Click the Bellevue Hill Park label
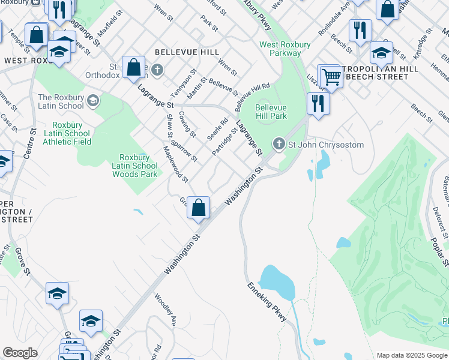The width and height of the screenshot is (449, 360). [x=271, y=112]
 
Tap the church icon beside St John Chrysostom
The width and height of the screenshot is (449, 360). [x=278, y=143]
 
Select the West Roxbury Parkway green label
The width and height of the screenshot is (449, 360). [x=280, y=49]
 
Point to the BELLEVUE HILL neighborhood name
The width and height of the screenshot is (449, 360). [x=187, y=53]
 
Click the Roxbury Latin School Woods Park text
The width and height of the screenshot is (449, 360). [x=134, y=166]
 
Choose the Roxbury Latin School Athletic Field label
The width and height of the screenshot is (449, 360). [x=67, y=133]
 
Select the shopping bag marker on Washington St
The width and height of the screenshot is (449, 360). [x=199, y=208]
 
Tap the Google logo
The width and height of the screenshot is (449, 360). [x=20, y=353]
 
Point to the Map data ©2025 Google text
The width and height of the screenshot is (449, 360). [x=412, y=355]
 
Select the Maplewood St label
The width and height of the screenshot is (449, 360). [x=176, y=164]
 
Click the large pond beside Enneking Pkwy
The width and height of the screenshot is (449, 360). [x=277, y=282]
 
